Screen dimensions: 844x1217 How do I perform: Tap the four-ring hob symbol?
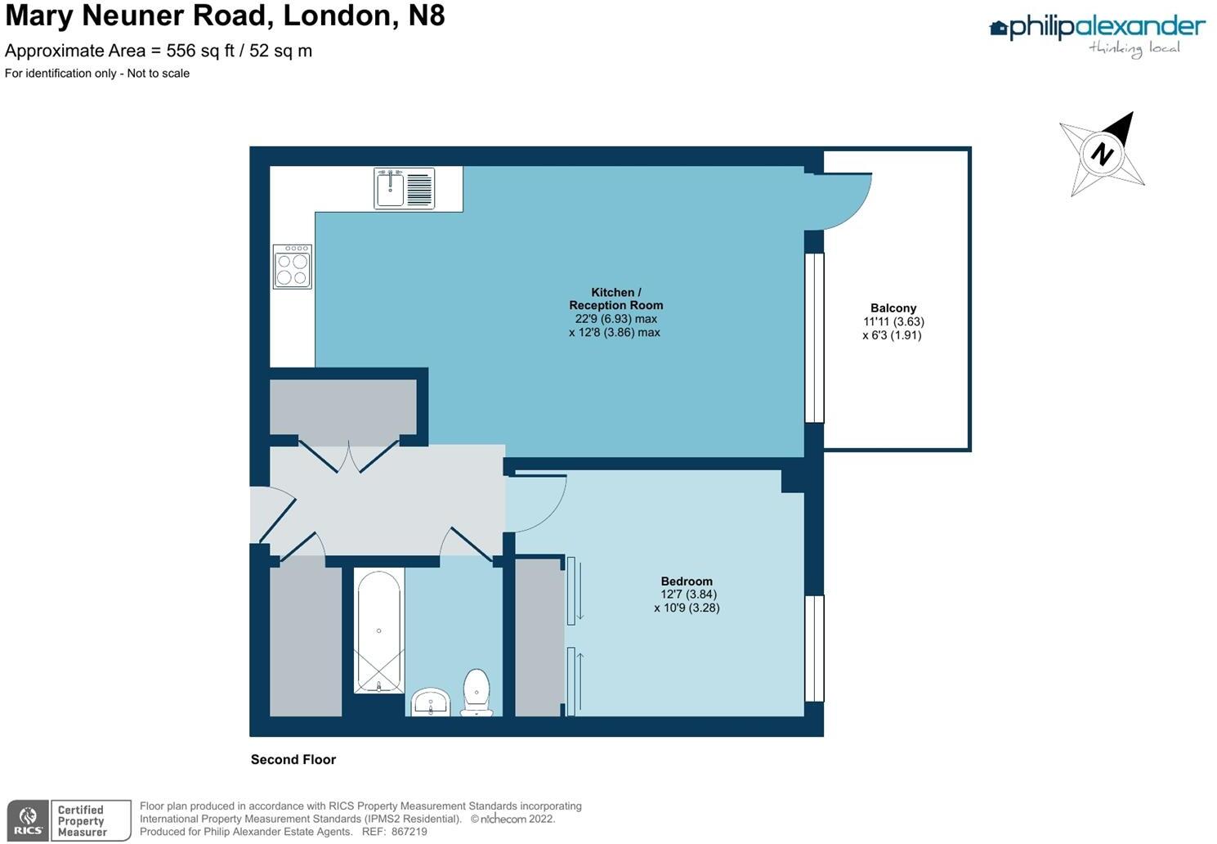coord(293,267)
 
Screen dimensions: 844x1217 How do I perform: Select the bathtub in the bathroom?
coord(378,631)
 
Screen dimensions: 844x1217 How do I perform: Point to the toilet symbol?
coord(477,692)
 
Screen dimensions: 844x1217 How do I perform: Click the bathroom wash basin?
coord(431,703)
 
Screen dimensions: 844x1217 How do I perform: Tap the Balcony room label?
coord(893,308)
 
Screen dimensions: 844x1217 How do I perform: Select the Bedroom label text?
coord(687,581)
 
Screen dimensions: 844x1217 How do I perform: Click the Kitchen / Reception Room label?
coord(616,299)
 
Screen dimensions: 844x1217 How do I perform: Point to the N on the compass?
coord(1103,154)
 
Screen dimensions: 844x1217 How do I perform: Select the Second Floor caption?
coord(293,760)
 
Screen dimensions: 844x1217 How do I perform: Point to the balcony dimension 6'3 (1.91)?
coord(892,335)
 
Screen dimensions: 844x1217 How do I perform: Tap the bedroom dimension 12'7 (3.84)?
coord(688,595)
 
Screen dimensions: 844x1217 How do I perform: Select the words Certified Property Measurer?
coord(82,821)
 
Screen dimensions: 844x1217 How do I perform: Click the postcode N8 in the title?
coord(427,16)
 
